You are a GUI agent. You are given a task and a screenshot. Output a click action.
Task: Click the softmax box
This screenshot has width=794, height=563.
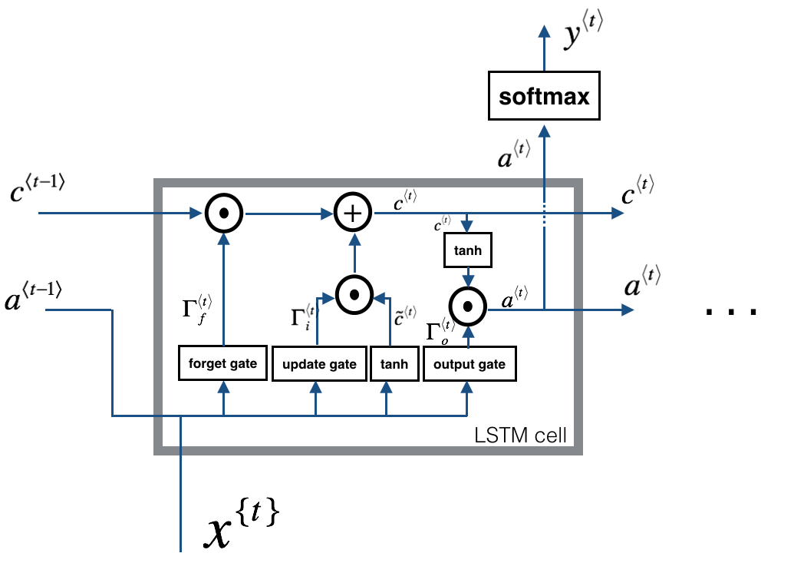coord(544,98)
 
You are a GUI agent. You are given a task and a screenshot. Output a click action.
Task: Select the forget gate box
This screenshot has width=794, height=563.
coord(223,363)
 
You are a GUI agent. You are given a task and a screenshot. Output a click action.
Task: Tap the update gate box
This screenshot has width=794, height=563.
coord(319,363)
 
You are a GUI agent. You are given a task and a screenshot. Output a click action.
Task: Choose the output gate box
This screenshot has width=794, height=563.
coord(469,363)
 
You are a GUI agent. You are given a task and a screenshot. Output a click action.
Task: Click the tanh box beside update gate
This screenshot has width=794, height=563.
coord(390,363)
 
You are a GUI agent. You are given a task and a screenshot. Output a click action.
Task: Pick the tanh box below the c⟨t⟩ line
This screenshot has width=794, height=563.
coord(467,250)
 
